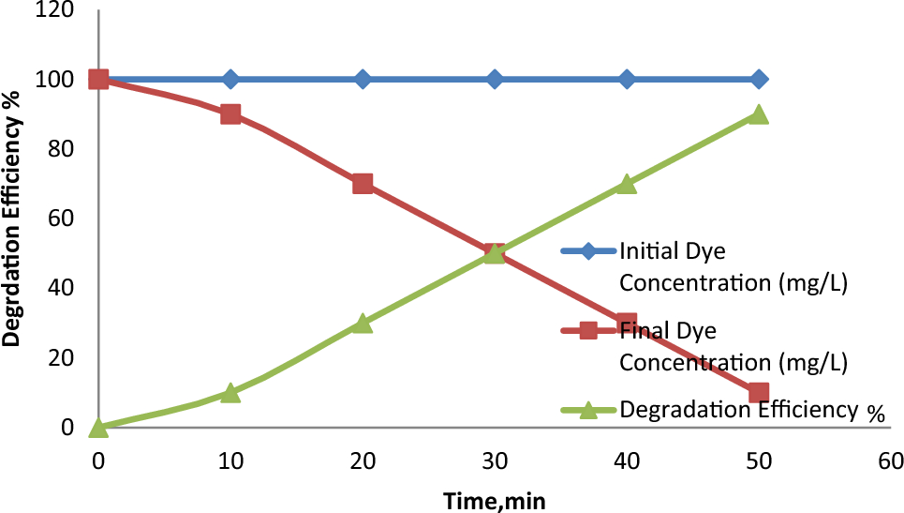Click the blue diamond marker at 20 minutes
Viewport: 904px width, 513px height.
(363, 79)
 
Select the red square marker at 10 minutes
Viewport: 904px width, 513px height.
(230, 113)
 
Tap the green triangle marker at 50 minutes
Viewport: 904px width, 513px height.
(759, 113)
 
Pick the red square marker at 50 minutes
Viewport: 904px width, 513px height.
(759, 392)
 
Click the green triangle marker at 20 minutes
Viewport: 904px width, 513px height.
(363, 323)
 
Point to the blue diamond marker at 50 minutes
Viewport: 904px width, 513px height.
(759, 79)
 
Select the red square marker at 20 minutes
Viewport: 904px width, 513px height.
(363, 184)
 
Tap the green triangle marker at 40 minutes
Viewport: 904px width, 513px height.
(627, 184)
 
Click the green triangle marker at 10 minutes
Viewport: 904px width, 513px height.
(230, 392)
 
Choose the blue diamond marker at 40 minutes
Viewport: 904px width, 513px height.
(627, 79)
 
